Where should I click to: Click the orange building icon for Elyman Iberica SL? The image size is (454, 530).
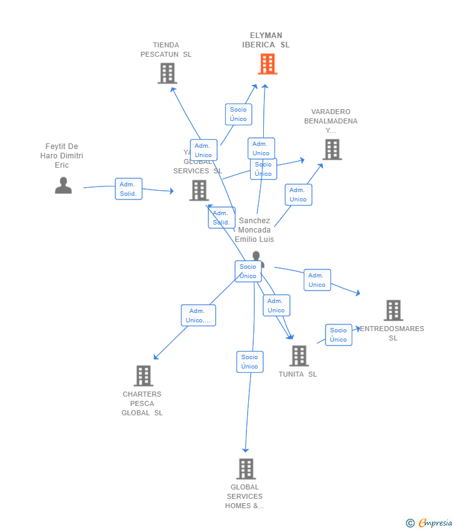pos(267,64)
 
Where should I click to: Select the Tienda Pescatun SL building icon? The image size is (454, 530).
pos(167,73)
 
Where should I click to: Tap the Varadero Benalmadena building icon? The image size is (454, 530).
pos(332,150)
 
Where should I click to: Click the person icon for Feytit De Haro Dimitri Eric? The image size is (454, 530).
pos(63,185)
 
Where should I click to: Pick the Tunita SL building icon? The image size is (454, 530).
pos(299,355)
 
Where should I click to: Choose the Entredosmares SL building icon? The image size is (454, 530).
pos(393,310)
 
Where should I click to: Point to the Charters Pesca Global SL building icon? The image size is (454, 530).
pos(143,375)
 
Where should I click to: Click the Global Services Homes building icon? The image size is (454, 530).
pos(246,468)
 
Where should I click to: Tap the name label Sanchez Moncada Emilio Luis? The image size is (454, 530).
pos(254,230)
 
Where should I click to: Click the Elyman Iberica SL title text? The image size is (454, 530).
pos(266,40)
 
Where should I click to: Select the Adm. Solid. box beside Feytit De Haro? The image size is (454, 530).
pos(128,189)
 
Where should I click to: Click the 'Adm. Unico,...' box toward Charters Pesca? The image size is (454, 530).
pos(198,316)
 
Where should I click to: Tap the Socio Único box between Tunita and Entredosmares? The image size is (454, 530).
pos(339,335)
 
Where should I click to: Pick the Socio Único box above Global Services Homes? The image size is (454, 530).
pos(249,362)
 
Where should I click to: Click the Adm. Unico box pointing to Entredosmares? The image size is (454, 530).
pos(317,280)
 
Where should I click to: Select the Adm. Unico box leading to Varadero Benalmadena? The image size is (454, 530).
pos(298,195)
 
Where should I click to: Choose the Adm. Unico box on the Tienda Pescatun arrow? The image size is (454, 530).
pos(203,150)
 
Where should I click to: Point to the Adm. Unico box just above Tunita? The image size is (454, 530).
pos(276,306)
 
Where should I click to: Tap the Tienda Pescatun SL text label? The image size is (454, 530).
pos(166,49)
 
